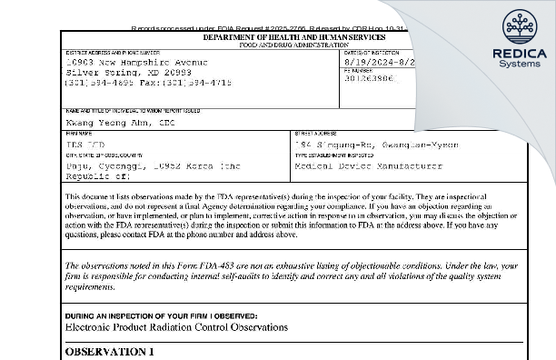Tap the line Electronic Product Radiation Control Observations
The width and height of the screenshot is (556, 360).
coord(176,326)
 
